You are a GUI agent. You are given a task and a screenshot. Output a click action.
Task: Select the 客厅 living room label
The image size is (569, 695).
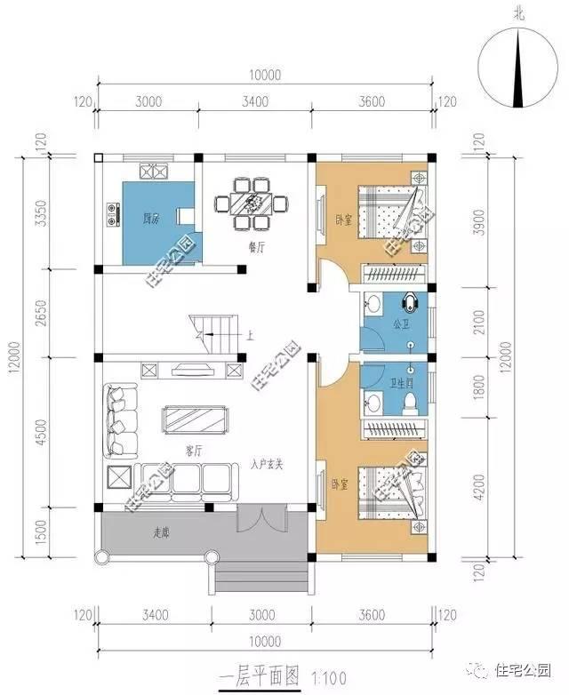click(x=195, y=451)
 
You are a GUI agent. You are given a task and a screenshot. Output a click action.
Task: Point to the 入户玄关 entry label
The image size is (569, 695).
click(x=266, y=463)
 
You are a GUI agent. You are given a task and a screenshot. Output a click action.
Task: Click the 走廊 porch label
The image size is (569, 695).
click(x=161, y=533)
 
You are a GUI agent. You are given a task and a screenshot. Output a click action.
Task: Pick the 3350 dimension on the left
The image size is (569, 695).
click(x=38, y=213)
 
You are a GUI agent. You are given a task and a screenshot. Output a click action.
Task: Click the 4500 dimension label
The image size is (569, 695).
click(x=38, y=432)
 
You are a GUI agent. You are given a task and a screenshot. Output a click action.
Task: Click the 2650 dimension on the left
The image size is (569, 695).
click(x=38, y=313)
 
